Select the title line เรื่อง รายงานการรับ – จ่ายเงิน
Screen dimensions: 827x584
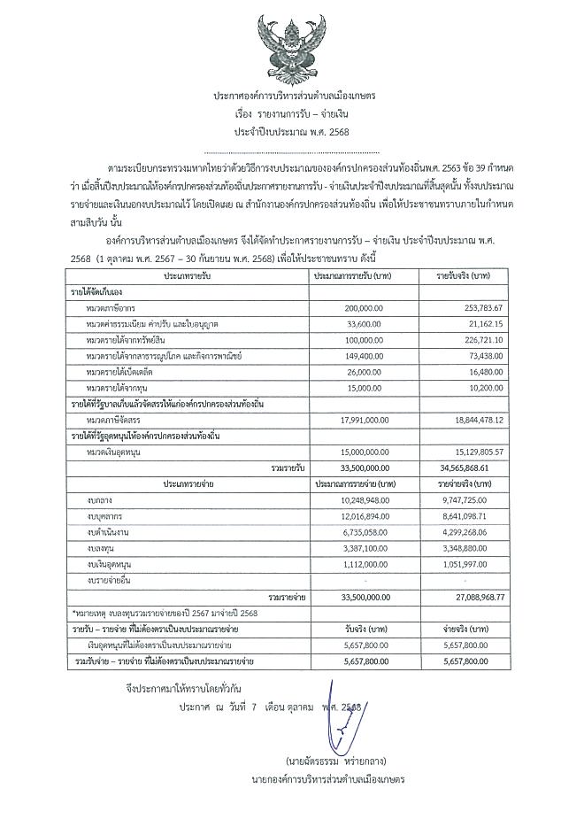click(291, 116)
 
